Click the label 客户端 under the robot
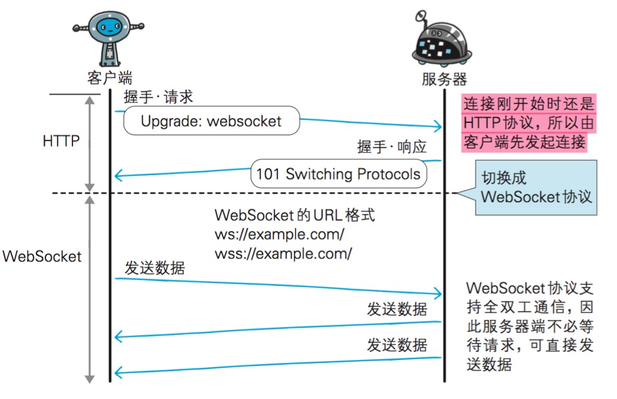click(x=109, y=78)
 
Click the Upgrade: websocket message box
click(x=211, y=121)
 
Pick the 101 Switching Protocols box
click(x=338, y=174)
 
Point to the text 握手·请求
click(x=158, y=97)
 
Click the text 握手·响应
click(x=392, y=147)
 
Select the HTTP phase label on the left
click(x=61, y=141)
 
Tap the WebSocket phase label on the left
click(x=42, y=257)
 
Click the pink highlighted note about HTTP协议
click(x=528, y=123)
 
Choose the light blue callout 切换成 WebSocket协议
click(x=535, y=187)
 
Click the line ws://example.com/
click(x=279, y=234)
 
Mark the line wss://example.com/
click(x=283, y=254)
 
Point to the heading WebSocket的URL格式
click(x=294, y=215)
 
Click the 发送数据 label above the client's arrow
click(x=155, y=268)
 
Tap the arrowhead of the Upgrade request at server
click(x=437, y=126)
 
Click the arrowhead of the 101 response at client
click(x=118, y=175)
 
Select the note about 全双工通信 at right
click(x=529, y=326)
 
